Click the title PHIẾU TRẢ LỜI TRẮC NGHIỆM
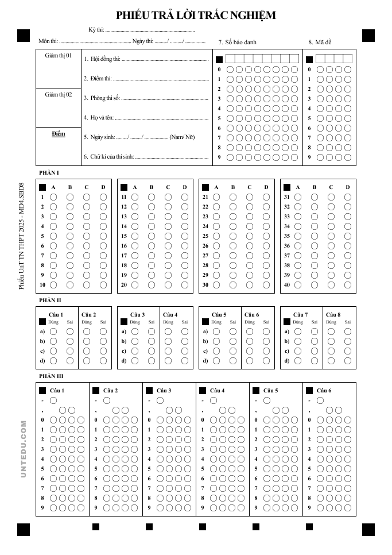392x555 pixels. coord(196,16)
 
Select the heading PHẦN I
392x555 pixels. coord(49,173)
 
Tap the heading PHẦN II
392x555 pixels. coord(50,300)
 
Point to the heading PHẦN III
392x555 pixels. coord(51,376)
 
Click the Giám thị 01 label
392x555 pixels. coord(59,56)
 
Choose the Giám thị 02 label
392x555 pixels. coord(59,94)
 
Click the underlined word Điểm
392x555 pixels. coord(59,134)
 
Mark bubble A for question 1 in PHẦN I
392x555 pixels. coord(53,197)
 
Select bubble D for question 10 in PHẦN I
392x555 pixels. coord(103,285)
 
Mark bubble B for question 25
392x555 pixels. coord(233,236)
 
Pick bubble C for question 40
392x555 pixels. coord(331,285)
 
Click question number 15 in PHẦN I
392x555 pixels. coord(124,236)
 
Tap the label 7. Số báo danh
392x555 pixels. coord(238,42)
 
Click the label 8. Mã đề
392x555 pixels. coord(320,42)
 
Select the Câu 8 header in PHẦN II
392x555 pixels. coord(333,315)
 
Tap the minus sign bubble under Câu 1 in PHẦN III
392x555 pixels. coord(53,400)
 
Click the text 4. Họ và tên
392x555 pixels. coord(98,118)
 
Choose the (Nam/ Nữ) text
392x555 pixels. coord(182,137)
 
